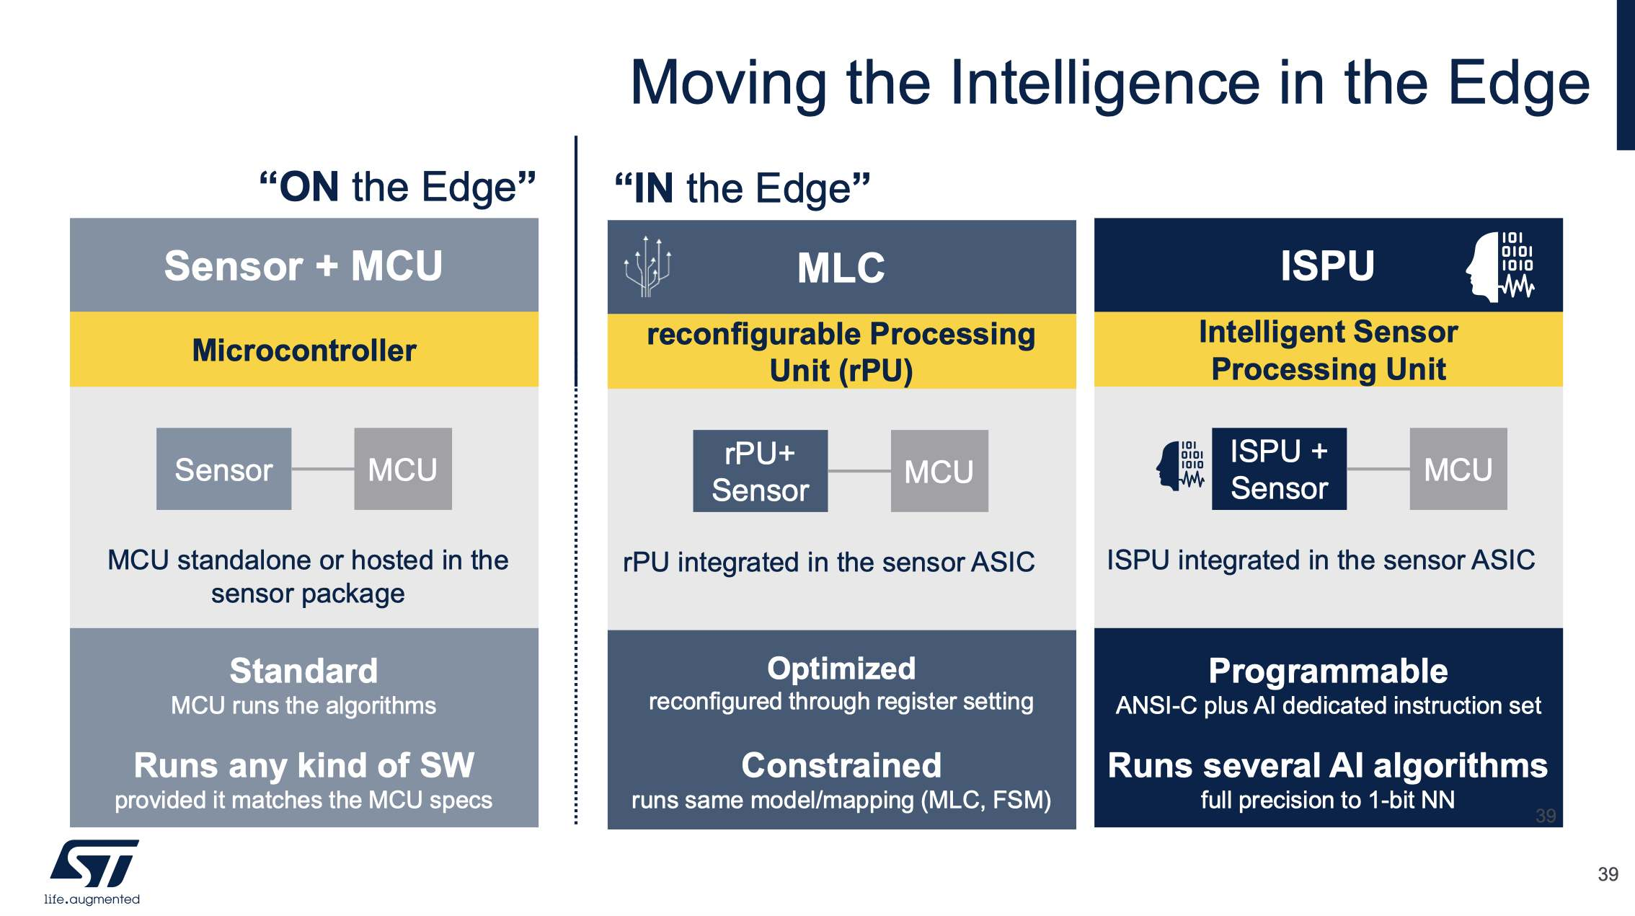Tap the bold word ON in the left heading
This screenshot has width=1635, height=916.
[309, 187]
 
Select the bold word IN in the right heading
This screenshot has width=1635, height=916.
[654, 188]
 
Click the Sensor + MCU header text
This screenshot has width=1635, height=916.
[303, 265]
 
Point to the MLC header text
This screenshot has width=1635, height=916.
[841, 268]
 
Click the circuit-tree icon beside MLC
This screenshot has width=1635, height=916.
[647, 266]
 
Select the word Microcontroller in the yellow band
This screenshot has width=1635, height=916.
[303, 351]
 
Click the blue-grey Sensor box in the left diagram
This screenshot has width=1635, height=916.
[223, 470]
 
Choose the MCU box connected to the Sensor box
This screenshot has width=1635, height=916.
[403, 470]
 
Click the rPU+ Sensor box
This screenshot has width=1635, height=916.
[760, 472]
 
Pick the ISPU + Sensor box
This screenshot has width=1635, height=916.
[1279, 470]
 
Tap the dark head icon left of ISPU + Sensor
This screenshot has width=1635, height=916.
[1179, 466]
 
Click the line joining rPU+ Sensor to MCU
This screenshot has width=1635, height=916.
[859, 472]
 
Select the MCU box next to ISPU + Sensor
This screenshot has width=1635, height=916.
[1458, 470]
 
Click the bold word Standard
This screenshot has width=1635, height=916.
[303, 671]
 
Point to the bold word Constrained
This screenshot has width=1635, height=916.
[841, 765]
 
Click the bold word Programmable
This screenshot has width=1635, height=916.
[1328, 671]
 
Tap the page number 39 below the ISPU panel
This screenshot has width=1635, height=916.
[1608, 874]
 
